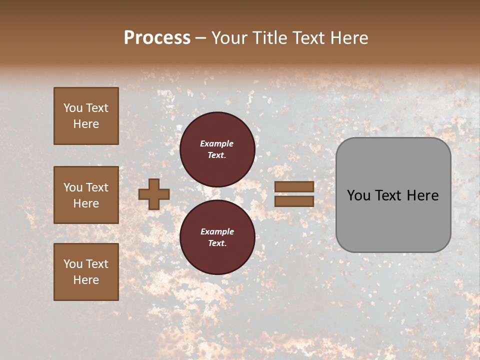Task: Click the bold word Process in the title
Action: coord(157,38)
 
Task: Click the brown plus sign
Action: coord(154,194)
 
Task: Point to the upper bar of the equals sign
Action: coord(294,187)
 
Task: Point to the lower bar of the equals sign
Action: coord(294,201)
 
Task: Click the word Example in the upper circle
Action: coord(217,143)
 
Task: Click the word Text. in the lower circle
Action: coord(217,243)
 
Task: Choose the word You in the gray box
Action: coord(359,195)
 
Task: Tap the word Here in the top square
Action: coord(86,124)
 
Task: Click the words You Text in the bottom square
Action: coord(86,264)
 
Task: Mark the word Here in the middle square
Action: coord(86,203)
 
